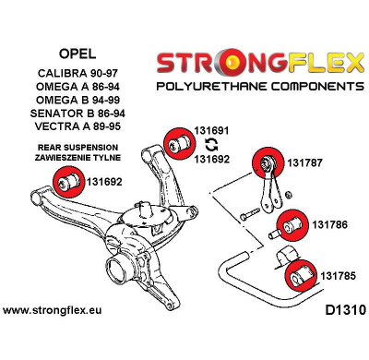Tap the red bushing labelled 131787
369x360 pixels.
[x=272, y=161]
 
